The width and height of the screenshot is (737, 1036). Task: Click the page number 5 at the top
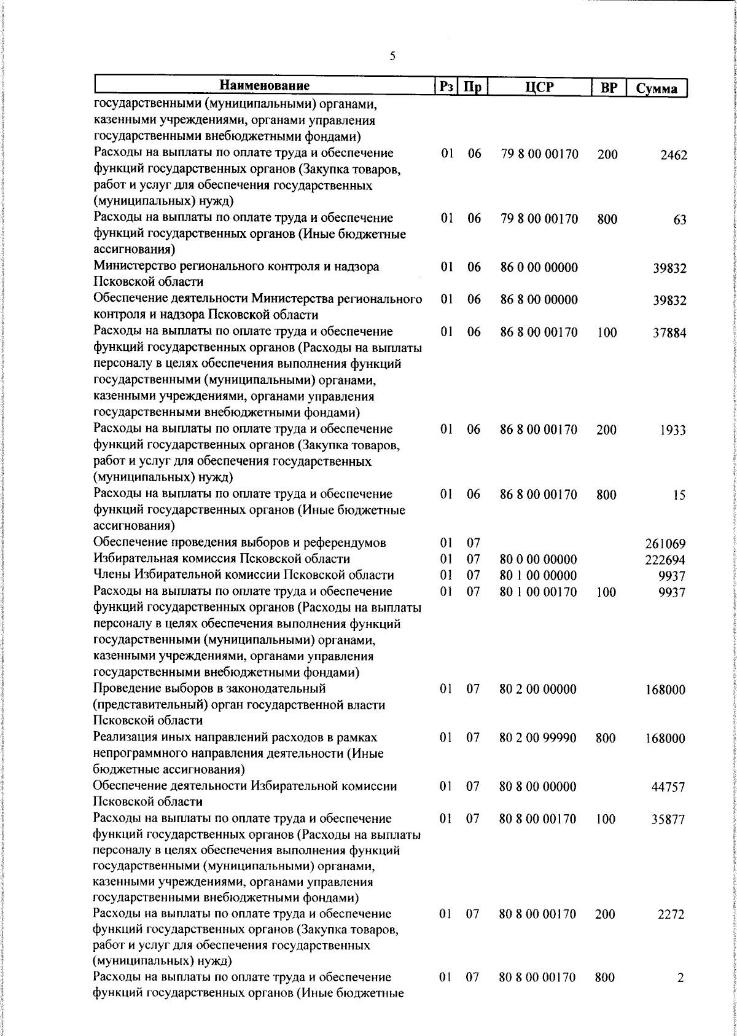point(392,57)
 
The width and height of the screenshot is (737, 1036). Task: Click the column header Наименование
point(265,86)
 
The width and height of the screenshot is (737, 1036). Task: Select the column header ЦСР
point(539,87)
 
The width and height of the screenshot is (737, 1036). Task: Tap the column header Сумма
point(657,88)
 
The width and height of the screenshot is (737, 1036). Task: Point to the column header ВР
point(608,87)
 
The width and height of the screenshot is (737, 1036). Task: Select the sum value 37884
point(669,334)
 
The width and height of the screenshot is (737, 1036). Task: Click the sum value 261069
point(665,544)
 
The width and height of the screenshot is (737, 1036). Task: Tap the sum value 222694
point(665,560)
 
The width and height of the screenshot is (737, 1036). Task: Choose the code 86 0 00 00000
point(539,268)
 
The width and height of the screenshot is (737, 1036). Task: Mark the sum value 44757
point(668,788)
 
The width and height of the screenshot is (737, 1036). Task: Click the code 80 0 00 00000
point(538,560)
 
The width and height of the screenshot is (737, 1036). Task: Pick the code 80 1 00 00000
point(538,576)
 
